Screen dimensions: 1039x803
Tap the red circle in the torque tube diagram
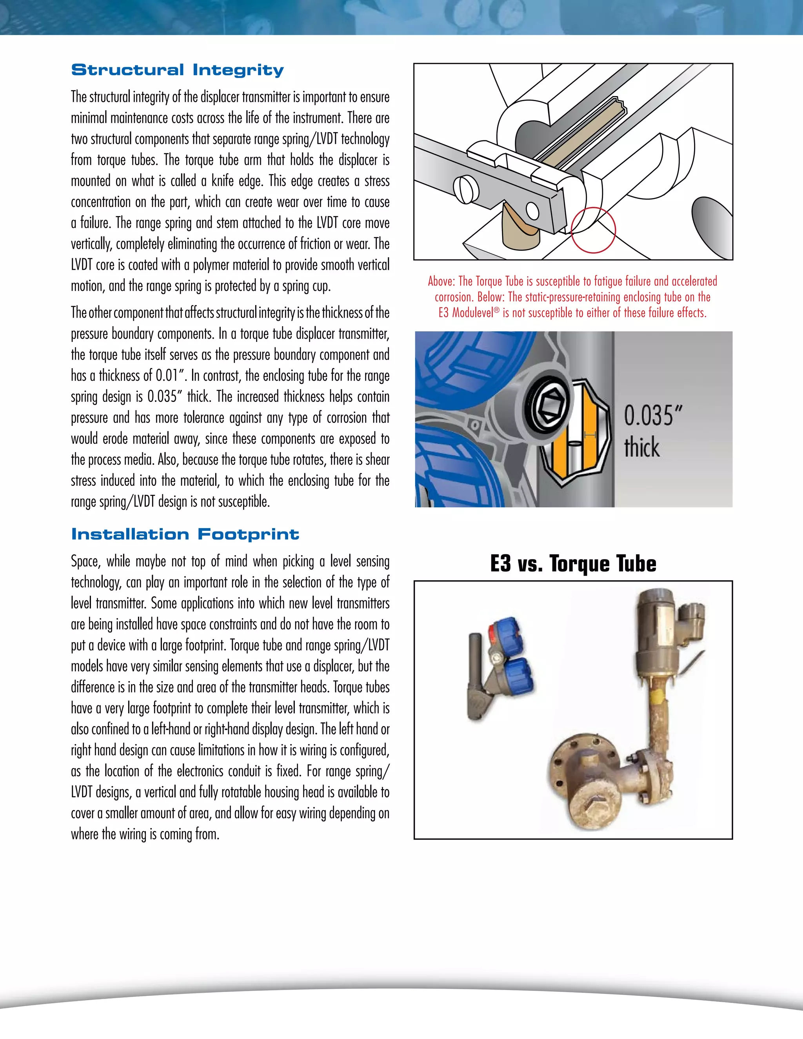point(593,230)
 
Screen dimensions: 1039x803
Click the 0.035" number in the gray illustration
point(653,415)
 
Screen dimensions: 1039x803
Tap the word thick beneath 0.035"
point(642,448)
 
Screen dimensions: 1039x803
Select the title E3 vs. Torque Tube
point(573,563)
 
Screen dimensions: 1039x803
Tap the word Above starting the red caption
point(441,281)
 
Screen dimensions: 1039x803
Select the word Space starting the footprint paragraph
point(85,561)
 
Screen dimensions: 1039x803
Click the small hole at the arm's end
point(531,210)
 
